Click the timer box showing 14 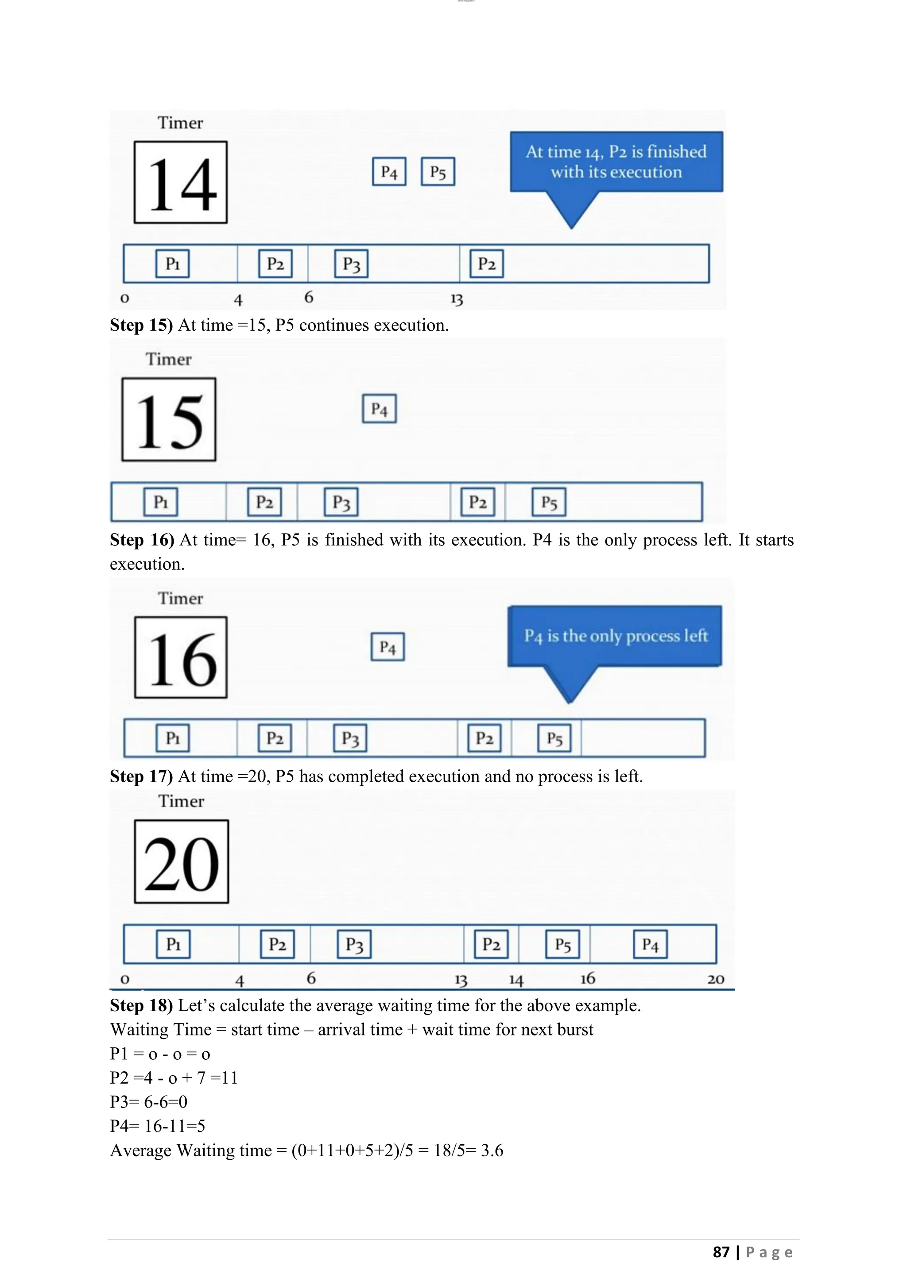tap(180, 182)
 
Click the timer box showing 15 tap(169, 419)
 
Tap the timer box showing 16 tap(181, 657)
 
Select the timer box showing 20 tap(182, 861)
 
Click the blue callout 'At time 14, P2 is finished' tap(616, 162)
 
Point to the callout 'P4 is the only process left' tap(615, 636)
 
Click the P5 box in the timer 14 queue tap(438, 171)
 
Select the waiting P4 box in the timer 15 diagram tap(379, 409)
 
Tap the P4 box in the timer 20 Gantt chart tap(650, 944)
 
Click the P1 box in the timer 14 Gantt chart tap(173, 263)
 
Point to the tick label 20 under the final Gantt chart tap(715, 979)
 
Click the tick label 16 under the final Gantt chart tap(588, 978)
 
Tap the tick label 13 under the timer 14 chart tap(457, 299)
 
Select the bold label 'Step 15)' tap(141, 325)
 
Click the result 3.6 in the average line tap(492, 1150)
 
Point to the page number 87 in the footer tap(721, 1252)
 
